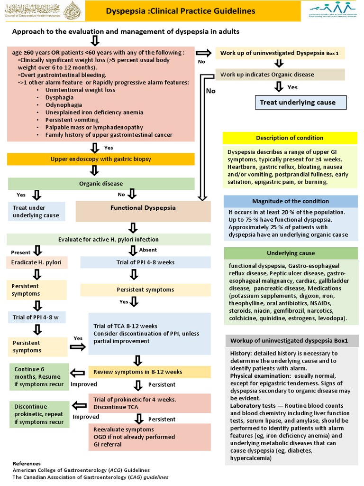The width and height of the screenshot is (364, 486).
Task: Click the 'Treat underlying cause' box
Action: pos(298,103)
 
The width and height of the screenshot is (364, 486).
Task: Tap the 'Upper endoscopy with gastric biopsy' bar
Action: pos(101,159)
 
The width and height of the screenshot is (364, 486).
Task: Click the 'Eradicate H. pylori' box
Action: pos(36,262)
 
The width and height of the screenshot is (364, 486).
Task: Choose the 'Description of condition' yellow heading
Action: pos(290,138)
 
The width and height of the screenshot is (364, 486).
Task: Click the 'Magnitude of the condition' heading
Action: pos(290,201)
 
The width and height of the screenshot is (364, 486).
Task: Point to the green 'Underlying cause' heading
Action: pos(291,253)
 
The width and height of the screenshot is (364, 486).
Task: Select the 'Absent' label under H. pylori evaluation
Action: pos(148,250)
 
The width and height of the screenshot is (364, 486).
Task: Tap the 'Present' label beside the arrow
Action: pos(20,252)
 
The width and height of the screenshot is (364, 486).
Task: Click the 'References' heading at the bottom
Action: pos(27,463)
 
